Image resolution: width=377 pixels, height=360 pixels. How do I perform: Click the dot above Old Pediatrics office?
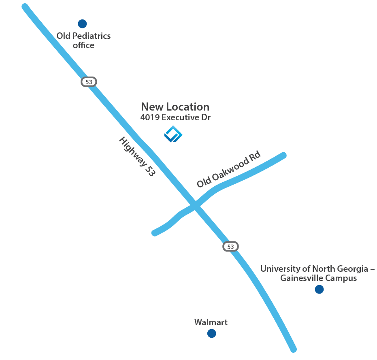(82, 24)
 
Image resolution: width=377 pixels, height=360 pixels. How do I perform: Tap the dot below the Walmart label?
(211, 333)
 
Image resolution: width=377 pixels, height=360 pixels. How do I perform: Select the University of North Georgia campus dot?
(319, 289)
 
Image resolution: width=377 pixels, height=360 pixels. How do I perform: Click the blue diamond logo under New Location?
(173, 134)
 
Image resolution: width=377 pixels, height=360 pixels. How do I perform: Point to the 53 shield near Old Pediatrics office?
(89, 82)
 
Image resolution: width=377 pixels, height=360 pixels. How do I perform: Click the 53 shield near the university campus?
(230, 246)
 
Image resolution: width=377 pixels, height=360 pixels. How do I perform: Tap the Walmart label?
(211, 322)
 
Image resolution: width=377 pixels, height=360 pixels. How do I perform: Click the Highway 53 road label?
(137, 156)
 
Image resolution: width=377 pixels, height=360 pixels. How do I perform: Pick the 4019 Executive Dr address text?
(175, 118)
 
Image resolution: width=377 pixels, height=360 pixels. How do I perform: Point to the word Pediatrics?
(91, 36)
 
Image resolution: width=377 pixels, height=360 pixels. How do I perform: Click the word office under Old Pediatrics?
(83, 45)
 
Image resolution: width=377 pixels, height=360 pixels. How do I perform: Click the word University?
(281, 268)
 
